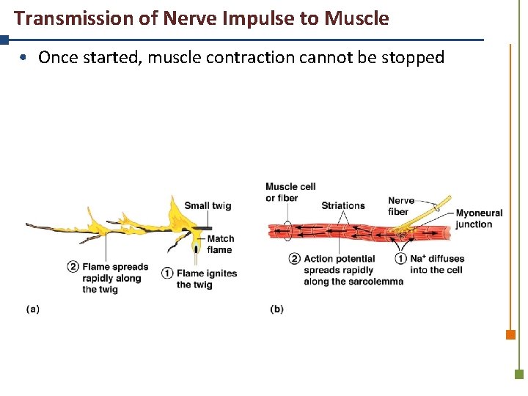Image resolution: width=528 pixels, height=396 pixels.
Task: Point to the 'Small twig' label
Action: tap(208, 205)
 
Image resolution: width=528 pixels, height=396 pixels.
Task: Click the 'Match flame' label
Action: tap(221, 244)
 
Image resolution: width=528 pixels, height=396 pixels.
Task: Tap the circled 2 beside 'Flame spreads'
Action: tap(73, 267)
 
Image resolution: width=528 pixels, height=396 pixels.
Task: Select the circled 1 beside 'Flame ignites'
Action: tap(168, 274)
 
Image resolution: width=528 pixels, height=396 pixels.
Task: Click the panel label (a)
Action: tap(33, 309)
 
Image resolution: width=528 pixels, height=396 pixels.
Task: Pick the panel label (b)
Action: tap(276, 309)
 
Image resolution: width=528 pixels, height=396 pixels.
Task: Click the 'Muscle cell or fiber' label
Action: tap(290, 192)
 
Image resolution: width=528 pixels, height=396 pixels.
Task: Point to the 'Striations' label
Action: tap(342, 205)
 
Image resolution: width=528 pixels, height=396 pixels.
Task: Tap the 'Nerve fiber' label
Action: tap(401, 206)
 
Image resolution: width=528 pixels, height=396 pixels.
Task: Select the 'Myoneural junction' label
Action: tap(479, 219)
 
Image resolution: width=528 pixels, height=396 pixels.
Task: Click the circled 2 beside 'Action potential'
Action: tap(295, 259)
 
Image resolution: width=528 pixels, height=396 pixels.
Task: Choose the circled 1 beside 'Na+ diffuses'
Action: tap(401, 259)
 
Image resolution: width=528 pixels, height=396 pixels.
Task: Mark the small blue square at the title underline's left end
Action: tap(4, 40)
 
